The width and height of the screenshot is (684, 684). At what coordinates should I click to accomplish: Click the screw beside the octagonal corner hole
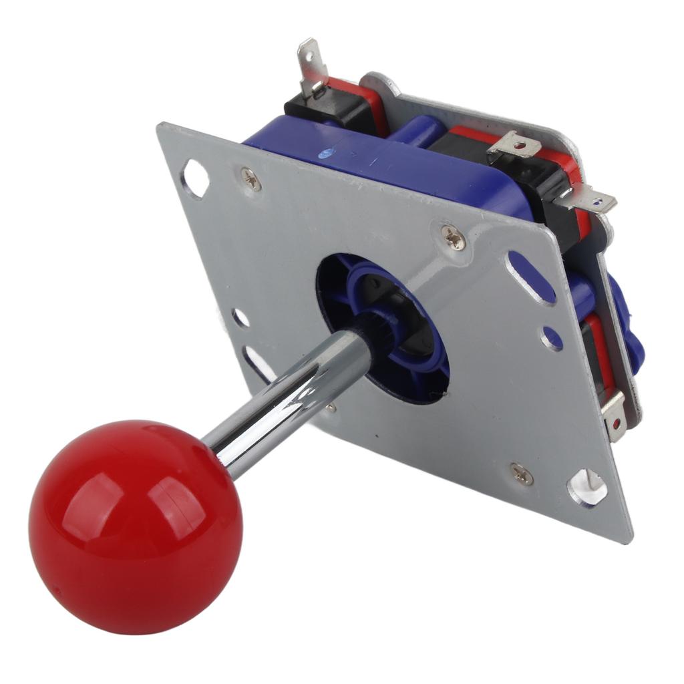[251, 178]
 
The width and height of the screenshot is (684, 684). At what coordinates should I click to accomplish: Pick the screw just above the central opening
[453, 237]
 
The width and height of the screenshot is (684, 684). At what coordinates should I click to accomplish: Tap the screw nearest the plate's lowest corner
[522, 474]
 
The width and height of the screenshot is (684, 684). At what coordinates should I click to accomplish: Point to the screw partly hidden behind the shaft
[330, 405]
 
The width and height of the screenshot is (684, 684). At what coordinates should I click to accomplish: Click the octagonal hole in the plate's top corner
[195, 178]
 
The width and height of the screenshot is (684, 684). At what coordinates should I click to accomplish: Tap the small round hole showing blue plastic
[552, 338]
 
